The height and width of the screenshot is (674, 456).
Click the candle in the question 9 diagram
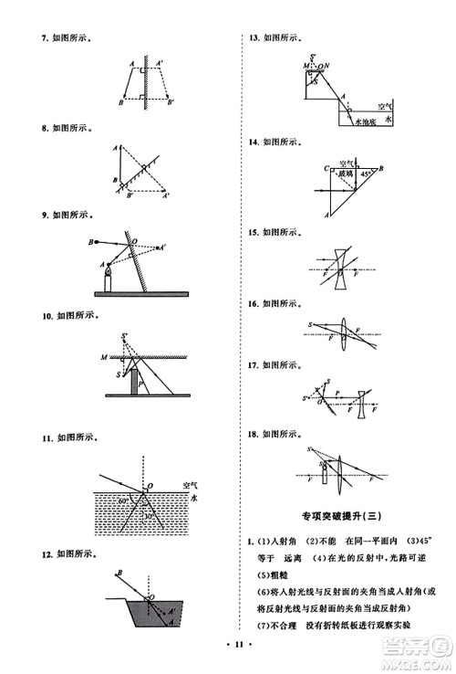(x=108, y=278)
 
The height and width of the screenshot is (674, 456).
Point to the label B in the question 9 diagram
(x=91, y=241)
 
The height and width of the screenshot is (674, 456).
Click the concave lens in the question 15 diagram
(x=339, y=269)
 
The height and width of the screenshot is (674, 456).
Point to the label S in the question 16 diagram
(x=310, y=325)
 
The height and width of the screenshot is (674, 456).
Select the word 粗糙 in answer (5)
(x=268, y=574)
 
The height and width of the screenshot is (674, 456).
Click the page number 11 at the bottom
(x=228, y=646)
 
